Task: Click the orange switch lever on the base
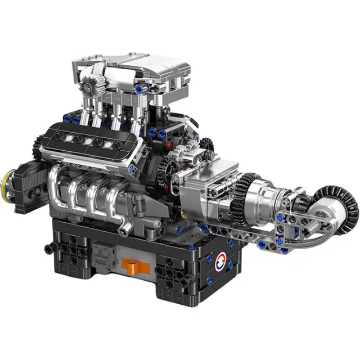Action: click(130, 263)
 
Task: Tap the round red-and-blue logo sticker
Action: click(221, 260)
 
